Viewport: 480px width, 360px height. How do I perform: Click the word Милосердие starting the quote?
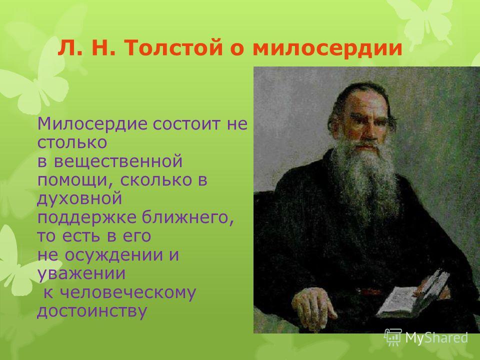92,124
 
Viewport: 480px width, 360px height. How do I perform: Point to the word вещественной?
118,162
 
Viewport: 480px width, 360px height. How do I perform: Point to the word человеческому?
127,293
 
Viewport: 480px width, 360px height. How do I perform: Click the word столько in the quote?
72,143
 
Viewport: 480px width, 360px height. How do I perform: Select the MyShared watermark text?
436,337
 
